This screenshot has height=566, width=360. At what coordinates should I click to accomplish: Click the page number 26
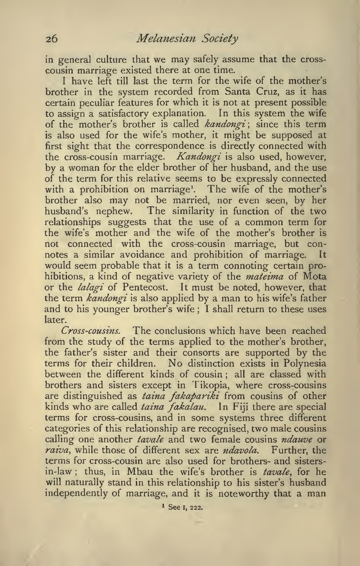pos(52,39)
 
